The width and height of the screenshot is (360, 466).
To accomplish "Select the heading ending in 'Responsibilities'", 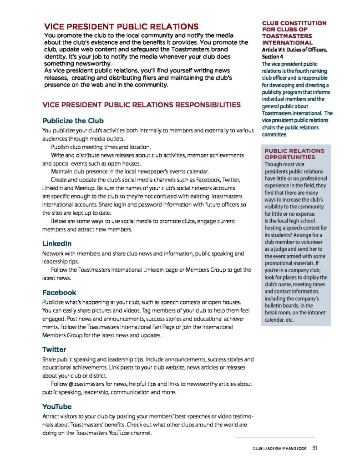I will click(x=142, y=105).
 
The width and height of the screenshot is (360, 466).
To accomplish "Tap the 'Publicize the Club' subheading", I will click(x=73, y=121).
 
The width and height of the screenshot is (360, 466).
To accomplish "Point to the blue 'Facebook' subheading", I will click(x=59, y=292).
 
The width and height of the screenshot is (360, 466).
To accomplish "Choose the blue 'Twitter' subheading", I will click(x=54, y=349).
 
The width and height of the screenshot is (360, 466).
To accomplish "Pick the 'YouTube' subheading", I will click(x=57, y=406).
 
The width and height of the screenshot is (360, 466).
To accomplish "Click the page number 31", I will click(x=314, y=448).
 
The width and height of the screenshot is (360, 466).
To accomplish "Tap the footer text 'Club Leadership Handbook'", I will click(x=279, y=449).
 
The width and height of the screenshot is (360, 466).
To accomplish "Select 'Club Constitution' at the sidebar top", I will click(x=294, y=23).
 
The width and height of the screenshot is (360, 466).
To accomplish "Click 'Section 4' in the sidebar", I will click(x=272, y=56).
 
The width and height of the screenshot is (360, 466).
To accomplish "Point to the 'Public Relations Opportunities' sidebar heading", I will click(x=294, y=153).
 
